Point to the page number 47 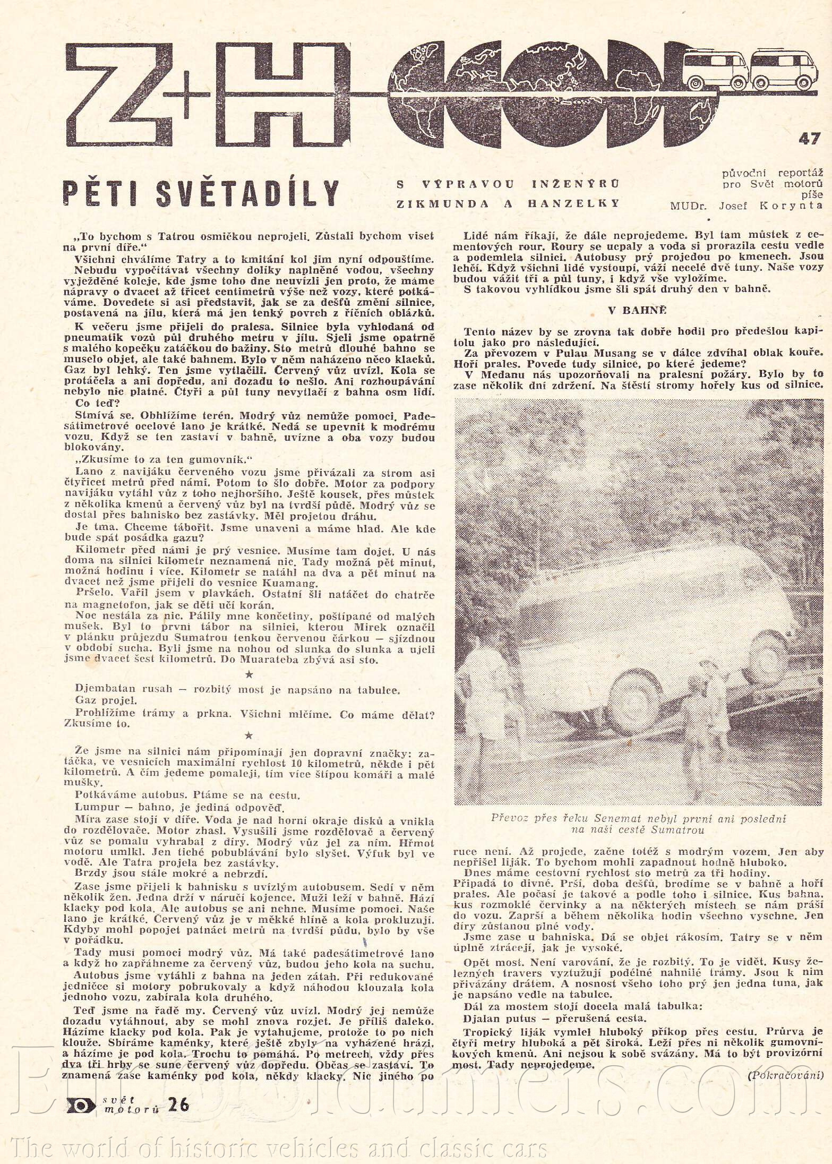click(x=810, y=139)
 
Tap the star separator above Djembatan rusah click(x=251, y=674)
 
